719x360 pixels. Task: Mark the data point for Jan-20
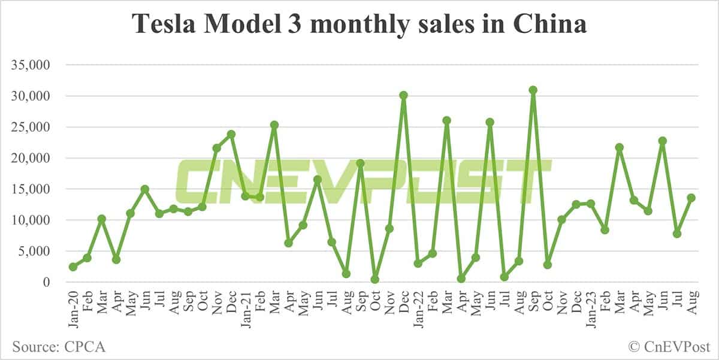tap(73, 267)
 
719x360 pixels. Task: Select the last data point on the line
tap(691, 198)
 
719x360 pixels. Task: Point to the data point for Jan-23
tap(591, 204)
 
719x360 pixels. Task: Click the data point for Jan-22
tap(418, 264)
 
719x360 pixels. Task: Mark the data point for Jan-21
tap(246, 196)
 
